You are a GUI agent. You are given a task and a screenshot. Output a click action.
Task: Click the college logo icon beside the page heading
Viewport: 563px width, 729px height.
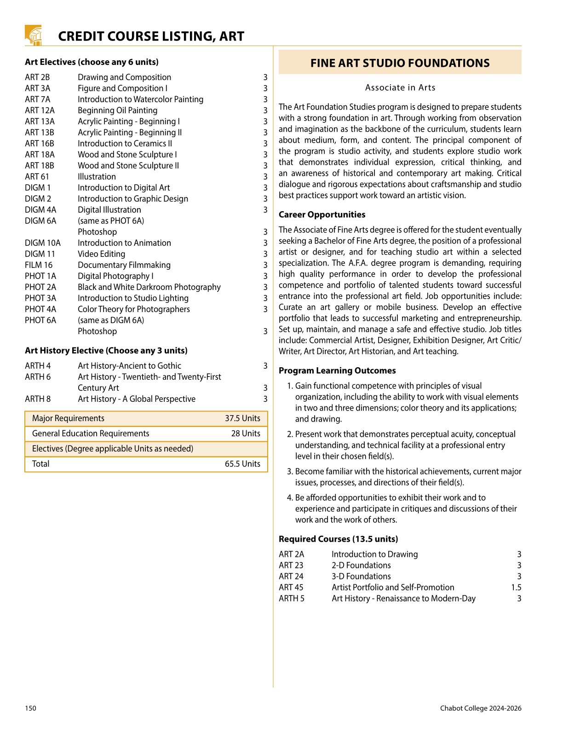(x=33, y=35)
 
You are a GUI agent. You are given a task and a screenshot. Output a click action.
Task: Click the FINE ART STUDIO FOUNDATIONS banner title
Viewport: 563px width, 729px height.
(x=400, y=63)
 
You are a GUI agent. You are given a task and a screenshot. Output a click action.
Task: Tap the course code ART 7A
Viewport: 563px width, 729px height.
(x=38, y=99)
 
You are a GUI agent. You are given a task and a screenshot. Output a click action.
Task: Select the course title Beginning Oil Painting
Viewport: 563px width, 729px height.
(x=117, y=110)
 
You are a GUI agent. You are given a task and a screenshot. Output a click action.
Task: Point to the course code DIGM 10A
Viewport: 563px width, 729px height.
(x=42, y=243)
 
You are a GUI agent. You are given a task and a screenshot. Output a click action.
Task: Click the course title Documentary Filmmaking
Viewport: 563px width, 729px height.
(x=124, y=265)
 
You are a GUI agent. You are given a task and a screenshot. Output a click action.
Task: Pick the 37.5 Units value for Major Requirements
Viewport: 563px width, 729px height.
(x=242, y=418)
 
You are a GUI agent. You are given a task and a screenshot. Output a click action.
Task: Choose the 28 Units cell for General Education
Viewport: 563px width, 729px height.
(x=246, y=434)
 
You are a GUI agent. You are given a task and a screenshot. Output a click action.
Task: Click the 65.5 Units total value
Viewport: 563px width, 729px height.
(x=242, y=464)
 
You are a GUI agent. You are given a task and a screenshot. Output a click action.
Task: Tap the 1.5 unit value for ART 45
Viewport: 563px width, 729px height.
(x=516, y=588)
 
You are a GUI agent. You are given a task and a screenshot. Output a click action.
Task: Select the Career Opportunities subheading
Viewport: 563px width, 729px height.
(x=322, y=214)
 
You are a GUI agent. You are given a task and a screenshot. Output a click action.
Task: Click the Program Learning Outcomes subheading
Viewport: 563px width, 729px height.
(x=337, y=371)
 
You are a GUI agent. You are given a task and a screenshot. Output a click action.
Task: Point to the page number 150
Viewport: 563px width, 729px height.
(x=30, y=708)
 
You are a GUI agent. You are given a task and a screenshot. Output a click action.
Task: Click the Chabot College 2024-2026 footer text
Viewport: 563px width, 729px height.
(x=480, y=708)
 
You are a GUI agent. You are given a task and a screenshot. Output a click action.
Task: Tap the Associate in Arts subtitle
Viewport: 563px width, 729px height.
(x=400, y=87)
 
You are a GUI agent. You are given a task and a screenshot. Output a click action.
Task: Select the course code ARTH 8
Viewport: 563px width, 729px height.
(x=38, y=399)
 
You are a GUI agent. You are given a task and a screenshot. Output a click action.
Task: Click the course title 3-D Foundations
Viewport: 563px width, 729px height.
(x=361, y=577)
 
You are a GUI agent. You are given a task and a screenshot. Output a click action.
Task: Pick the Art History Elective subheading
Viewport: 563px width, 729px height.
(x=106, y=351)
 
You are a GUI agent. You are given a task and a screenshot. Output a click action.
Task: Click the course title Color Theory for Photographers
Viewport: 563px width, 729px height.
(x=133, y=309)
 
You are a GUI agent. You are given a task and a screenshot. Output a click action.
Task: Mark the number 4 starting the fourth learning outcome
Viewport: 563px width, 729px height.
(x=290, y=498)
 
